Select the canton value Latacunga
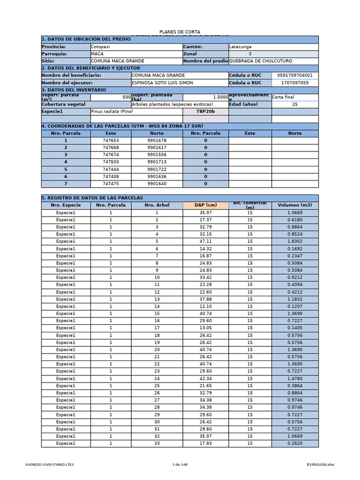click(240, 47)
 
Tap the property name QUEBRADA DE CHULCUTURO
click(260, 61)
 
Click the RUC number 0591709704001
click(295, 75)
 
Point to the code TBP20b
click(205, 112)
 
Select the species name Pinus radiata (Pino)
click(112, 112)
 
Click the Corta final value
click(284, 97)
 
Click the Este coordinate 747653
click(111, 141)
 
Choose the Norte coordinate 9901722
click(157, 169)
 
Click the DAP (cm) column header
click(205, 205)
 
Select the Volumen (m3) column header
click(295, 205)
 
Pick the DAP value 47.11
click(205, 241)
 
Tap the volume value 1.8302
click(295, 241)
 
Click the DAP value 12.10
click(205, 306)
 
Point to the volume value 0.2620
click(295, 443)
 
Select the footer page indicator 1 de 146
click(180, 465)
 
